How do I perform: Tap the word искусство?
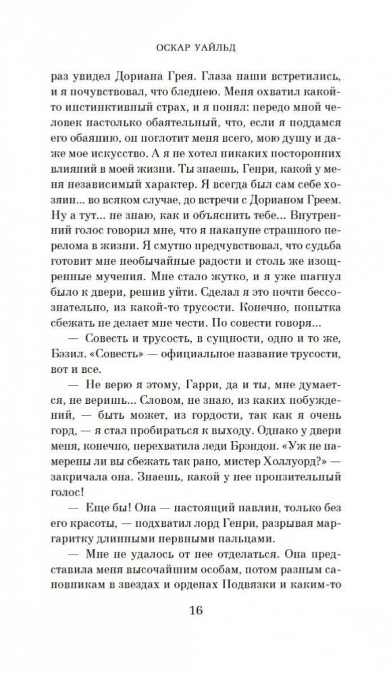pyautogui.click(x=127, y=147)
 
